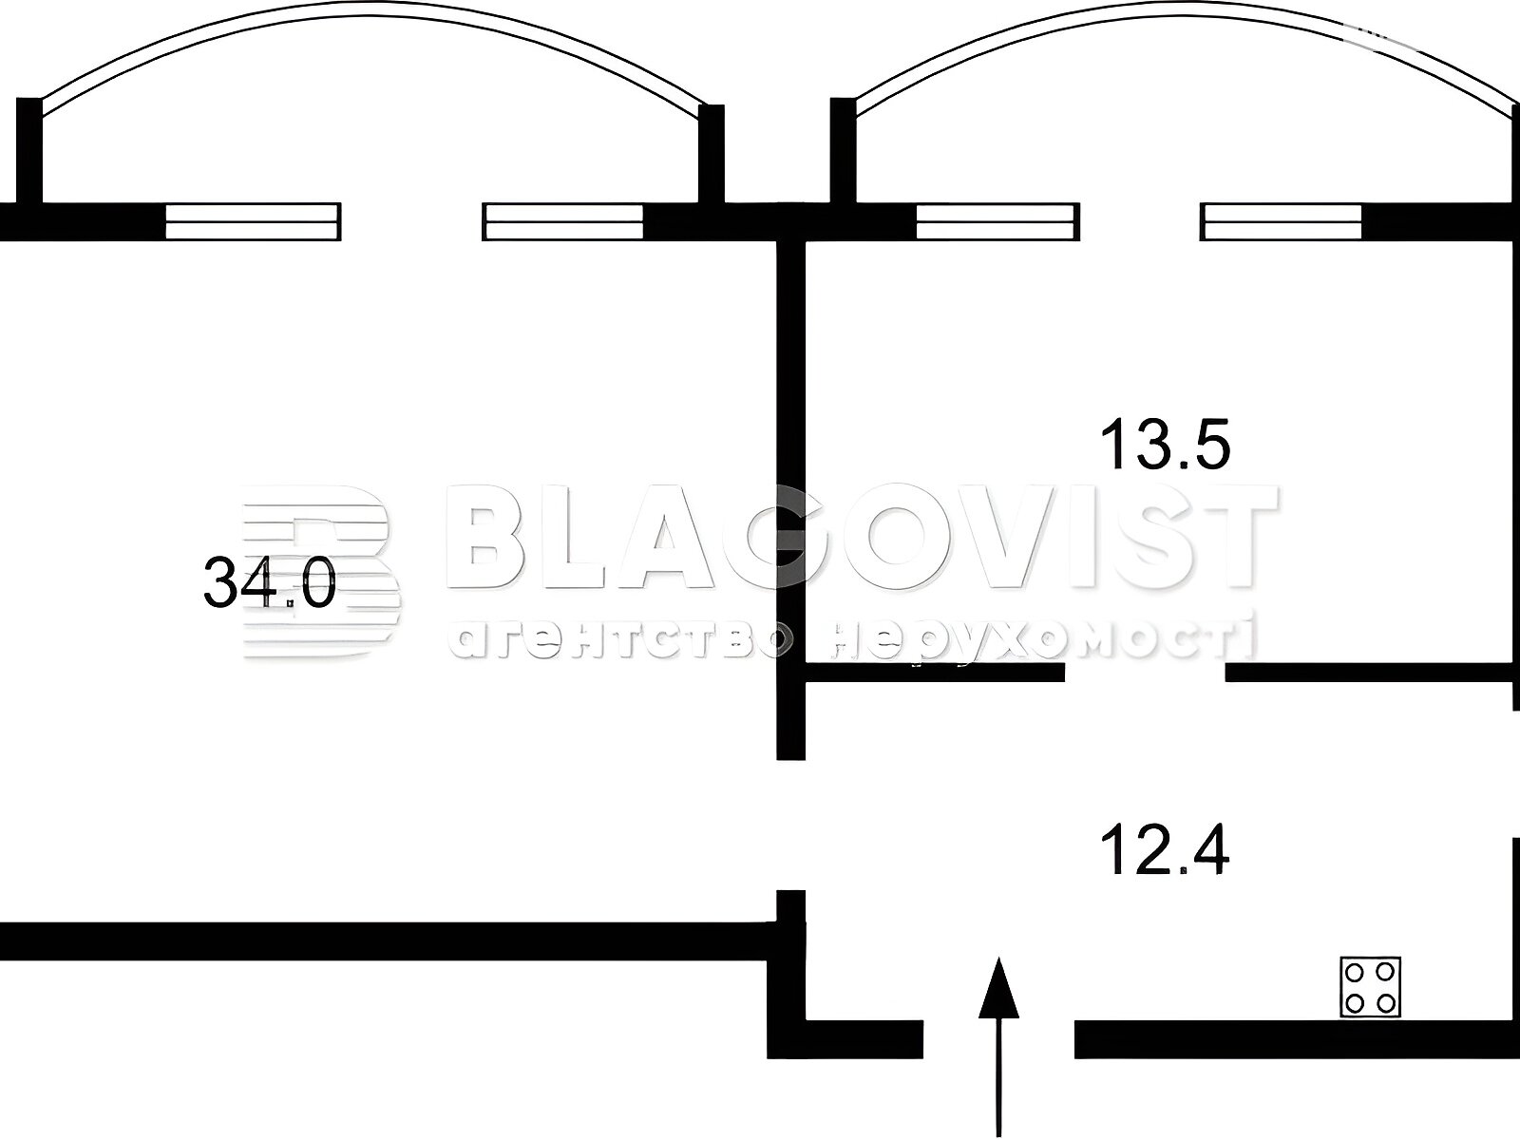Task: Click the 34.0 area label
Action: (270, 582)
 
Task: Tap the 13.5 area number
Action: (1166, 443)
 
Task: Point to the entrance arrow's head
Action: (998, 988)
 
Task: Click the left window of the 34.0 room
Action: (254, 221)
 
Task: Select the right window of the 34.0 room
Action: (563, 221)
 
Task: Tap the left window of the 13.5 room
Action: (997, 221)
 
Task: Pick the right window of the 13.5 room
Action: (1282, 221)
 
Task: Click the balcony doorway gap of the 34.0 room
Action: (412, 221)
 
